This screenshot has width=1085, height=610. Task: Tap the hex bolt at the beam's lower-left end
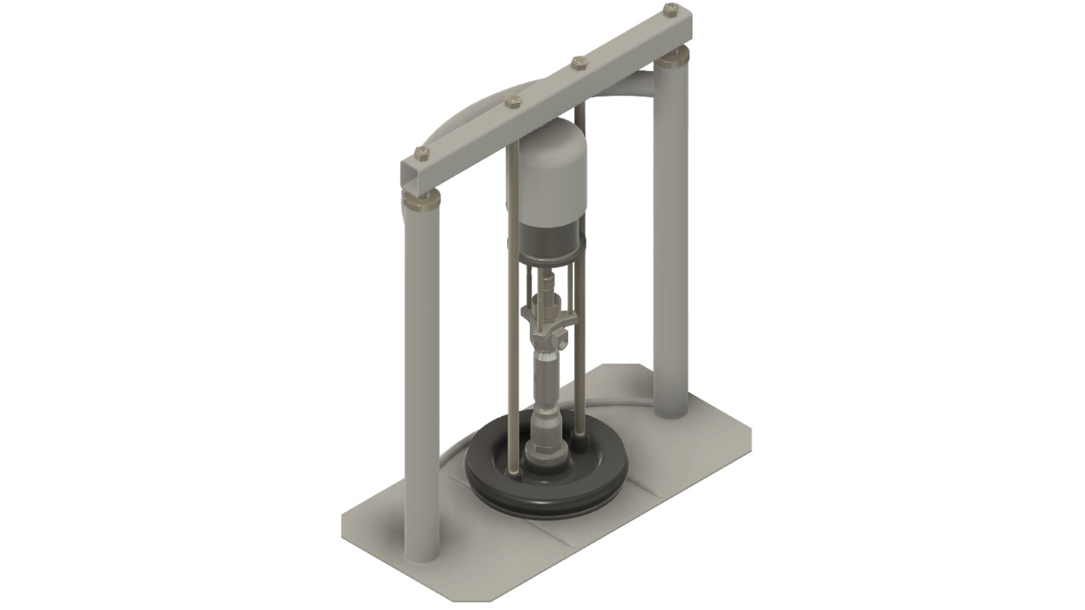[420, 152]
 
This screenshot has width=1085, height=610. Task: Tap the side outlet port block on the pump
[561, 341]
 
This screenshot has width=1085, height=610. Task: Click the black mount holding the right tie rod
[578, 440]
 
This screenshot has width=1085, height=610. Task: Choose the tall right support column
[672, 237]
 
